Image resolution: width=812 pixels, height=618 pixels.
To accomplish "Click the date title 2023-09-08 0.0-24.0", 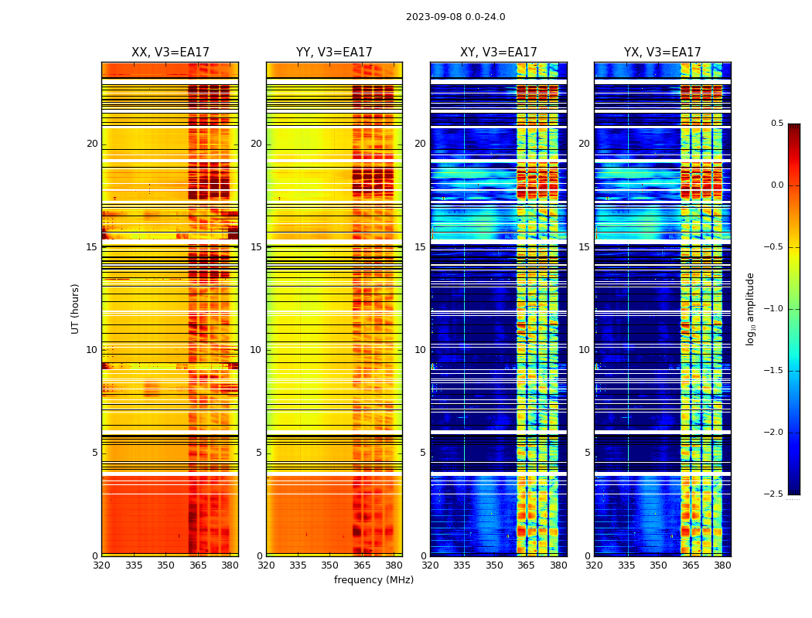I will [x=455, y=17].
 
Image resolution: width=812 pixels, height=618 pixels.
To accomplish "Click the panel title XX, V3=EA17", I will [x=170, y=53].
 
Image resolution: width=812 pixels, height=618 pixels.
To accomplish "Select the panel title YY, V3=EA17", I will [x=334, y=53].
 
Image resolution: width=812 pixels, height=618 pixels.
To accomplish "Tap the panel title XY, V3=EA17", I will [x=498, y=53].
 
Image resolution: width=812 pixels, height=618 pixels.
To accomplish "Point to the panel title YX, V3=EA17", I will [x=662, y=53].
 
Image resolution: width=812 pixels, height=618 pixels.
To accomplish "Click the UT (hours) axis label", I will [x=75, y=308].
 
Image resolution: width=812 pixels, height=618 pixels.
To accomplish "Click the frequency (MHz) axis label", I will [x=374, y=580].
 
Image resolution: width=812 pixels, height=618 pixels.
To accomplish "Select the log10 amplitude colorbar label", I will [x=749, y=308].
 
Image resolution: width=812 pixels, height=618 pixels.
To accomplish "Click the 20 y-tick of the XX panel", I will [x=92, y=144].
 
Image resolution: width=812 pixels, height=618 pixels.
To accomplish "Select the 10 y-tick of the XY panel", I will [x=420, y=350].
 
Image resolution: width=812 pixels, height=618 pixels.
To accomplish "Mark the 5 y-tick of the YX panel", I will [x=587, y=453].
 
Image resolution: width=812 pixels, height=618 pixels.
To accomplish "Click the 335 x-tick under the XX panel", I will [x=134, y=565].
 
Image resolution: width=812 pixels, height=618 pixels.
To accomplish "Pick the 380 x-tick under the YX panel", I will [x=722, y=565].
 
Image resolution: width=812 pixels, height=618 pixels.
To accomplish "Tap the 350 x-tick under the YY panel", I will [x=330, y=565].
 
